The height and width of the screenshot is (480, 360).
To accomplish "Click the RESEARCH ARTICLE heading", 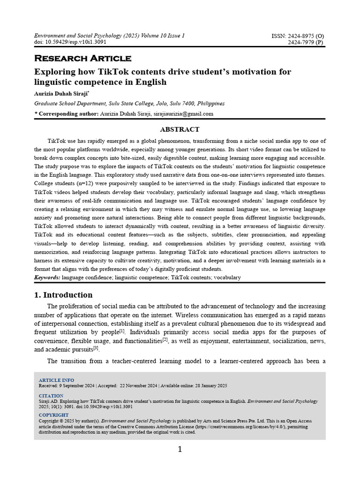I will click(x=82, y=59).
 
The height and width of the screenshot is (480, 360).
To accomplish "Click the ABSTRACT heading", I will click(x=180, y=129).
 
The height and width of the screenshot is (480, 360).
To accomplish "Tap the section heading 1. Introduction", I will click(x=63, y=295).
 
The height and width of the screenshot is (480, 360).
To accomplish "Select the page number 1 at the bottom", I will click(x=180, y=450).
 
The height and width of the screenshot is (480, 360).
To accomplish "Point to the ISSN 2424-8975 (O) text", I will click(x=298, y=36).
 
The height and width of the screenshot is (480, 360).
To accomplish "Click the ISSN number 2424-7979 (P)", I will click(x=305, y=42).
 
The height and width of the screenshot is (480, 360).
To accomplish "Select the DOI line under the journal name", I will click(x=70, y=42).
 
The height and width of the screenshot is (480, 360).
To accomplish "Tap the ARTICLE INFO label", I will click(x=56, y=380).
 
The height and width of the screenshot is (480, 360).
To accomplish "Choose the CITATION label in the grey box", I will click(x=51, y=396).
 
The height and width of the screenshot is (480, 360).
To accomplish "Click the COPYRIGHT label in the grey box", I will click(x=53, y=415).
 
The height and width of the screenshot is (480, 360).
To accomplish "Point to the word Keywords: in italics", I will click(x=47, y=277).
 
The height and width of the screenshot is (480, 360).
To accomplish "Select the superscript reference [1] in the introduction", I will click(x=122, y=330).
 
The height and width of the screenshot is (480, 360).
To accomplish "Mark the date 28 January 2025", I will click(x=210, y=385).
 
